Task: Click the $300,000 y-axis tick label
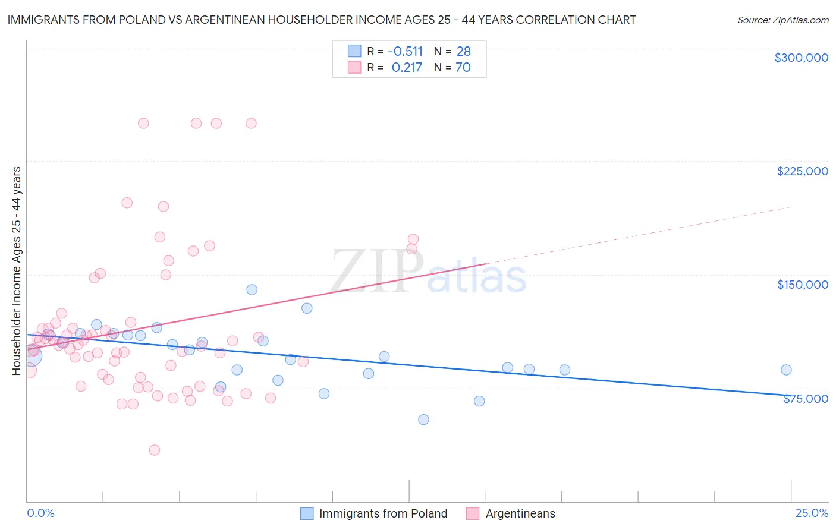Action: coord(801,58)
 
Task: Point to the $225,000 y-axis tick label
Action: coord(802,171)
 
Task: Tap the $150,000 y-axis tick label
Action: coord(802,285)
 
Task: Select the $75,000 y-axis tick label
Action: coord(805,399)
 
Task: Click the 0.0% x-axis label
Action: coord(40,513)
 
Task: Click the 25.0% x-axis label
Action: coord(812,513)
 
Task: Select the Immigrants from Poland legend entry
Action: coord(382,513)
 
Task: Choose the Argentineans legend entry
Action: coord(520,513)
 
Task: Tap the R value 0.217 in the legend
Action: coord(407,67)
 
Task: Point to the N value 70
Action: coord(463,67)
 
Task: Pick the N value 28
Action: coord(463,51)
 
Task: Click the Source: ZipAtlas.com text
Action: coord(782,20)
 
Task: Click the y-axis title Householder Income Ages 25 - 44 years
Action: coord(16,271)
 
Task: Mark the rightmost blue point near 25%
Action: coord(786,370)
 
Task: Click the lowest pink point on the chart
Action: coord(155,450)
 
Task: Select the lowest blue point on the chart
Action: coord(423,419)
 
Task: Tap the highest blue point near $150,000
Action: coord(252,289)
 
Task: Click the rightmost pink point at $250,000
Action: coord(251,123)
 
